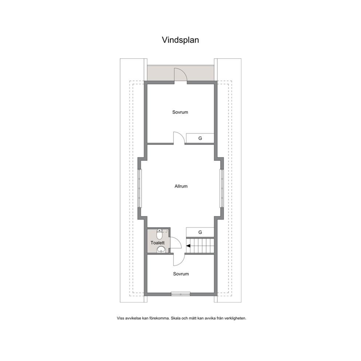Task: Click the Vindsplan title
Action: (180, 40)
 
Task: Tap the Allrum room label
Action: (181, 186)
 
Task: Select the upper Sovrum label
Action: (180, 112)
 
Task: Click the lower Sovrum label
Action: (181, 274)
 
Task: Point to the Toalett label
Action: (158, 243)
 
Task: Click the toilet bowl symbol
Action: (159, 234)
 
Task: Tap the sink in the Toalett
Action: (161, 249)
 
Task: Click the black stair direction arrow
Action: (189, 246)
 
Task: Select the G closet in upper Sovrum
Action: (200, 138)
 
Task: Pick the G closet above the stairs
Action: (200, 232)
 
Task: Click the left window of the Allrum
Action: (139, 189)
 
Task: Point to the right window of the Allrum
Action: (222, 189)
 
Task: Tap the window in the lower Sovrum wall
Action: (181, 294)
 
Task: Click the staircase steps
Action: (200, 246)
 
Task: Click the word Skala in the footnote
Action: (175, 318)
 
